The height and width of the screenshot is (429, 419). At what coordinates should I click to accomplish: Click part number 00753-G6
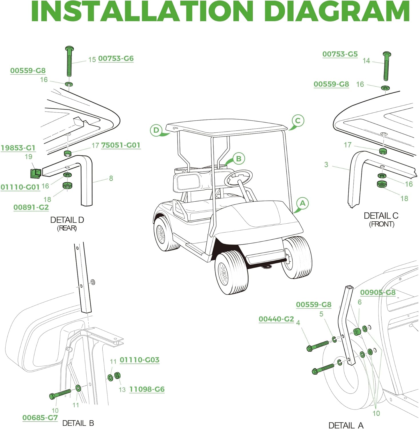(x=116, y=58)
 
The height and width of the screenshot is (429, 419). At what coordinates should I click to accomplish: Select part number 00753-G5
(x=340, y=54)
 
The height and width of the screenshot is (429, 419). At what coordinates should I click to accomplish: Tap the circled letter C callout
(x=298, y=120)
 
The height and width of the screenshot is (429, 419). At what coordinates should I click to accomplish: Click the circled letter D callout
(x=156, y=130)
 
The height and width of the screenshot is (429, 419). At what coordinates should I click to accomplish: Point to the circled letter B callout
(x=239, y=158)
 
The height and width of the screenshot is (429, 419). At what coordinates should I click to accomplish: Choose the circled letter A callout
(x=302, y=203)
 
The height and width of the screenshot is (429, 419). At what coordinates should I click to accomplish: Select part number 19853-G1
(x=18, y=148)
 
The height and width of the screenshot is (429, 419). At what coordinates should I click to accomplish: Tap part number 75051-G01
(x=121, y=145)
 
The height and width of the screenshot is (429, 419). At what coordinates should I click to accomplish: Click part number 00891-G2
(x=31, y=207)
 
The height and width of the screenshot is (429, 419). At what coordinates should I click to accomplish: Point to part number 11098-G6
(x=147, y=389)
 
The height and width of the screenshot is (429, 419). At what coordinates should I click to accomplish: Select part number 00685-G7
(x=40, y=418)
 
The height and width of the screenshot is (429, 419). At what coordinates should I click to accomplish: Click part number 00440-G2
(x=276, y=319)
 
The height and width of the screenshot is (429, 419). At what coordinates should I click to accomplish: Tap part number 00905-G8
(x=378, y=292)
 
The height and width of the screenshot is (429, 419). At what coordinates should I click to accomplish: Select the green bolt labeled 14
(x=386, y=66)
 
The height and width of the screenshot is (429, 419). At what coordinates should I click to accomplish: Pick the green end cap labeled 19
(x=36, y=172)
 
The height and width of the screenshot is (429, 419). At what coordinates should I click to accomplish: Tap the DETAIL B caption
(x=78, y=423)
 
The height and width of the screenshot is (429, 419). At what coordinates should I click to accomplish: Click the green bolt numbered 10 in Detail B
(x=60, y=394)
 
